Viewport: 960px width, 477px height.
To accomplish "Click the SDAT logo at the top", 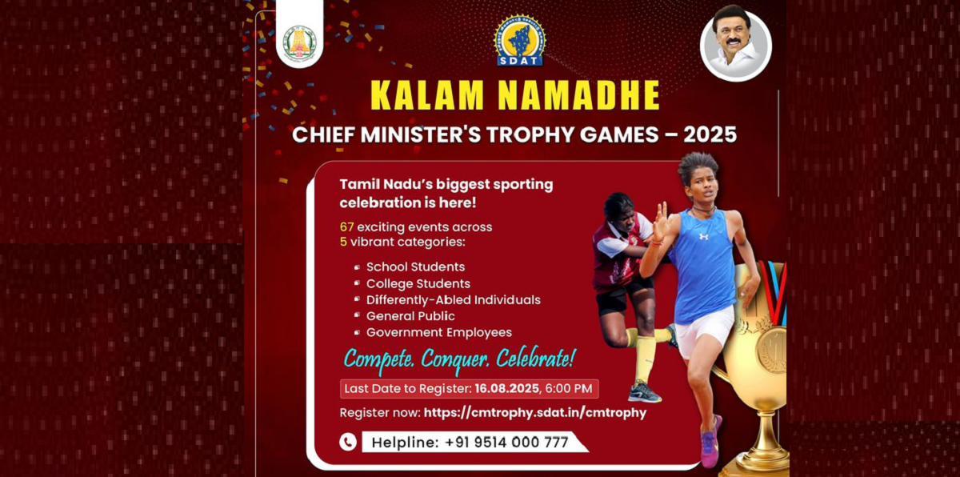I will coord(519,41).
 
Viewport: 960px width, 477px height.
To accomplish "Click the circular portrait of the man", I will coord(735,45).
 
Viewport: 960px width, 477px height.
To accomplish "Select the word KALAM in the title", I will coord(426,95).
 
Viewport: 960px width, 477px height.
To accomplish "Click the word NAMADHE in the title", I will coord(578,95).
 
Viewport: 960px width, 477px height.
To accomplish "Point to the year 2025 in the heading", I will coord(705,134).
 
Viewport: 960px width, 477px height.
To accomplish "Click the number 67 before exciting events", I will coord(346,227).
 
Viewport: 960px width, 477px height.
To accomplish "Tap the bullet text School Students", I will coord(415,267).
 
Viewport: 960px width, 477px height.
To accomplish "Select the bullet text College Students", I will coord(418,283).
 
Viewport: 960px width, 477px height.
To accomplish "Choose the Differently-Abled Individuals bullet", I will coord(453,300).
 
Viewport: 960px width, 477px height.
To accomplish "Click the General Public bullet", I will coord(410,316).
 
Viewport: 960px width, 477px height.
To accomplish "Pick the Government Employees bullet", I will coord(438,333).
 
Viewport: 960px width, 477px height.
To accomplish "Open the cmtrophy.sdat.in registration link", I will coord(534,413).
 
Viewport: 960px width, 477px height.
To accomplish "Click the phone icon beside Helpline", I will coord(348,442).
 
